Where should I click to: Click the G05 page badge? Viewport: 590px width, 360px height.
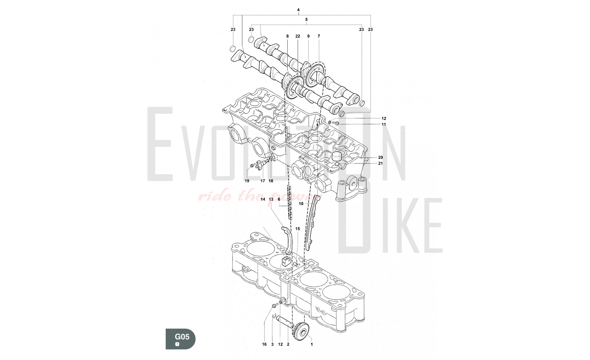tap(180, 339)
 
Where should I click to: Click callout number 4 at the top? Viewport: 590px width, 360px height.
tap(298, 10)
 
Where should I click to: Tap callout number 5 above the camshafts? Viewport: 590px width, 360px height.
tap(306, 19)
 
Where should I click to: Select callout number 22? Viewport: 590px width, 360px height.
tap(298, 36)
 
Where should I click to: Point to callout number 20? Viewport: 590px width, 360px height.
tap(380, 158)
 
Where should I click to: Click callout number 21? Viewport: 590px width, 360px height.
tap(380, 163)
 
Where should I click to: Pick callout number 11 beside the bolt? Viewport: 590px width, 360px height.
tap(383, 124)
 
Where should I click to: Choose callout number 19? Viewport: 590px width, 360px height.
tap(247, 181)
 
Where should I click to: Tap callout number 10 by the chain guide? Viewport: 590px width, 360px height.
tap(301, 204)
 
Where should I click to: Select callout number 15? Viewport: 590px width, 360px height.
tap(297, 229)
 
